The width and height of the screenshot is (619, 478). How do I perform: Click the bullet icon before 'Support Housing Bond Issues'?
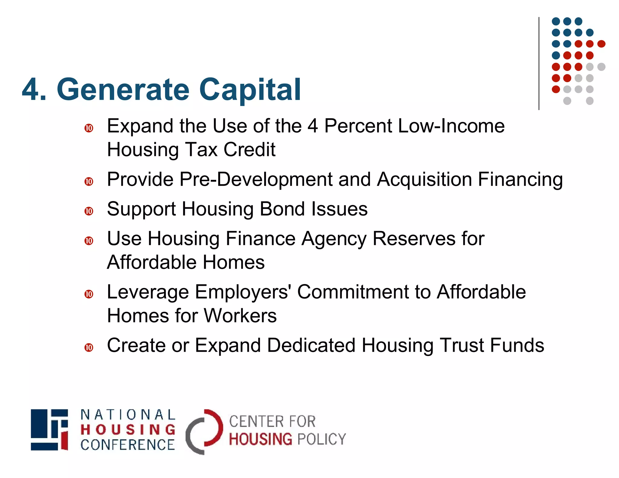(89, 211)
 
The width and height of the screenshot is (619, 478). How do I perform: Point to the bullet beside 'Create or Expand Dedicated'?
(89, 347)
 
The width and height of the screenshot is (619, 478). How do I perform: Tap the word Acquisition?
(425, 179)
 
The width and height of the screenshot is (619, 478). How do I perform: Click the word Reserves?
(414, 238)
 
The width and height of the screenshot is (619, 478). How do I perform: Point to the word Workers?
(240, 316)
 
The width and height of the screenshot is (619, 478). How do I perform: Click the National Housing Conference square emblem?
(49, 430)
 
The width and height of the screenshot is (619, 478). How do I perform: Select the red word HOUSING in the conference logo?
(128, 430)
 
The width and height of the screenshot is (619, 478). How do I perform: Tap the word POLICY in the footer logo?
(322, 439)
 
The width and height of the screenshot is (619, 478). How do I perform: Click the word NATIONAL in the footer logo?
(128, 415)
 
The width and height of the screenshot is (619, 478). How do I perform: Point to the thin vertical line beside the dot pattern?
(539, 63)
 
